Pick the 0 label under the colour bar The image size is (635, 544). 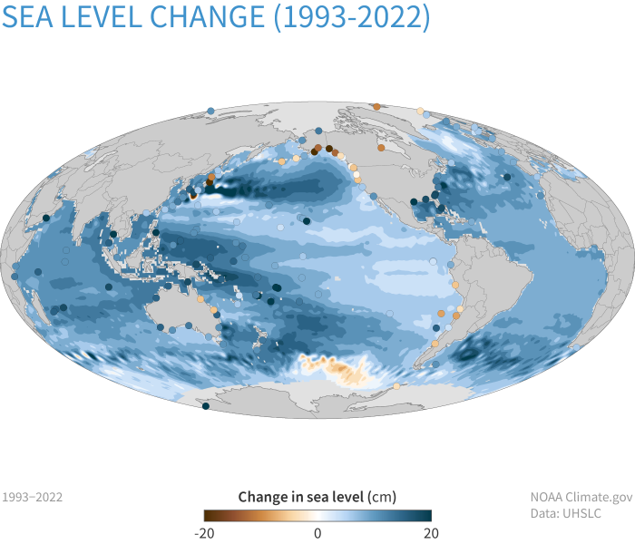[x=317, y=533]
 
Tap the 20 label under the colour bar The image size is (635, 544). [x=431, y=533]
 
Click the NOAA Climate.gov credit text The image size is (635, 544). [x=581, y=497]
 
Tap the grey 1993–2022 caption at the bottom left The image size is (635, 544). [x=33, y=497]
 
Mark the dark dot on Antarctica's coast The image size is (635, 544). [x=205, y=407]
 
